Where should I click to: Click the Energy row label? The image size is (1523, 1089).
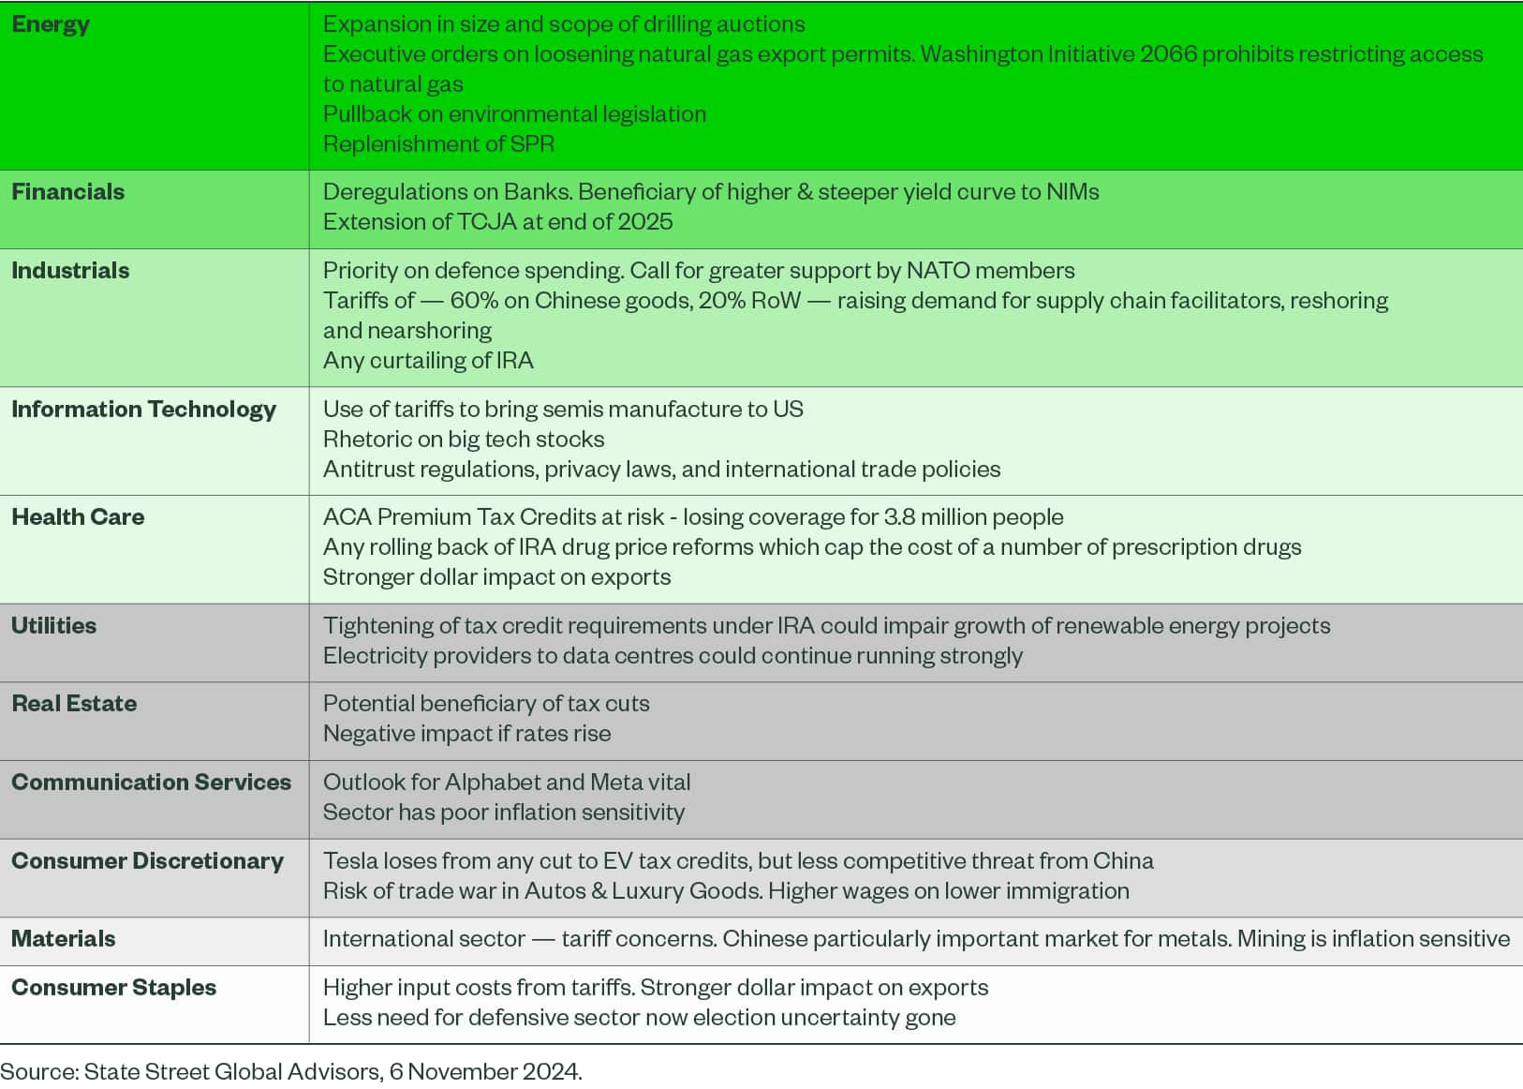coord(51,24)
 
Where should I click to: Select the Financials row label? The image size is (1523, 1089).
coord(67,192)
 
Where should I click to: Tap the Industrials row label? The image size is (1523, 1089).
coord(70,271)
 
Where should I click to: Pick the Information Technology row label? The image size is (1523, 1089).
coord(143,410)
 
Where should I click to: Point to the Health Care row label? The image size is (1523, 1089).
coord(78,517)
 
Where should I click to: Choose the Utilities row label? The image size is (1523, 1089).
coord(53,626)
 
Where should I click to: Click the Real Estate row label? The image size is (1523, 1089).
coord(74,704)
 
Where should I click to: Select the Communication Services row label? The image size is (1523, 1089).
coord(151,783)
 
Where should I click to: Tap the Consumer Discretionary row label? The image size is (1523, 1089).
coord(147,861)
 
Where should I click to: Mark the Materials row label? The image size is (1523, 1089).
coord(64,939)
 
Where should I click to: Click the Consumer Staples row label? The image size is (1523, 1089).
coord(113,988)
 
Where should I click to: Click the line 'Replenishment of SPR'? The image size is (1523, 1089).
coord(438,144)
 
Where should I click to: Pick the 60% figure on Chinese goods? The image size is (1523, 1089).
coord(474,301)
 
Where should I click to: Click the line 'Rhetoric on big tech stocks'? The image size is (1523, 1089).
coord(464,440)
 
